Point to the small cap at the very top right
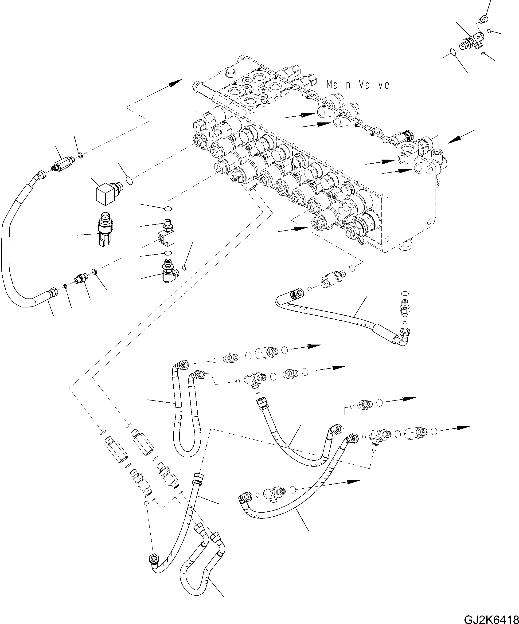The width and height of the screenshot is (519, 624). coord(483,20)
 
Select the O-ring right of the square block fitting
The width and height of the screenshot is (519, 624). coord(129,180)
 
